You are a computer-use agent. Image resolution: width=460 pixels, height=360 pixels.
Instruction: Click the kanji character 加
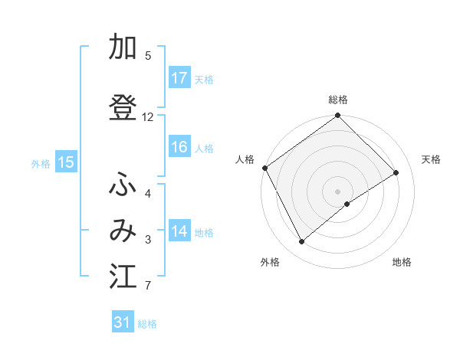123,48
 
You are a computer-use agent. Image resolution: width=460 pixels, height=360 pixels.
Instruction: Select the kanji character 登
123,108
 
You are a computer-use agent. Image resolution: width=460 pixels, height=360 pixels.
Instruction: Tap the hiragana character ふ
123,185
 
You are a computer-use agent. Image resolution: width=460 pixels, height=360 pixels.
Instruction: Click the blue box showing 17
179,78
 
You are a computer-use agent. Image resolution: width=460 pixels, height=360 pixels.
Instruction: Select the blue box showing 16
179,147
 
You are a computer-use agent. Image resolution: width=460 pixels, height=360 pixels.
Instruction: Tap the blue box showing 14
179,231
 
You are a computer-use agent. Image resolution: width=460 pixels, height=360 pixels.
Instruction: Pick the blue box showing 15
66,162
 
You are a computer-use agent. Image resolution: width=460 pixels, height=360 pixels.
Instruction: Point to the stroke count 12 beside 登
148,117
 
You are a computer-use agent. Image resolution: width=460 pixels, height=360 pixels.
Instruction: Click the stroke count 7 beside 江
148,286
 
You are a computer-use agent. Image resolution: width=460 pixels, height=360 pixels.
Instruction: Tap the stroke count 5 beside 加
148,56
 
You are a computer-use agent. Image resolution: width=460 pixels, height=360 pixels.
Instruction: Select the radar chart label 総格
338,100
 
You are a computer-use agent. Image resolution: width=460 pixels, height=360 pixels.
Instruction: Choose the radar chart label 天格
431,159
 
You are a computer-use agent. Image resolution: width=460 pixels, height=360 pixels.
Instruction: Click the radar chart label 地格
402,262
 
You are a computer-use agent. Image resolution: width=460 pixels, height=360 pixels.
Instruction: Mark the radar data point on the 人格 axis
265,168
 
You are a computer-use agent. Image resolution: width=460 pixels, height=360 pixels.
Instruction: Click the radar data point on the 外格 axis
301,242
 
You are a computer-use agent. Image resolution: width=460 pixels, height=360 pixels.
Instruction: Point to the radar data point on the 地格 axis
347,204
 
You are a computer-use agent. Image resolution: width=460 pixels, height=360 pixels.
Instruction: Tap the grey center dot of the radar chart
338,191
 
